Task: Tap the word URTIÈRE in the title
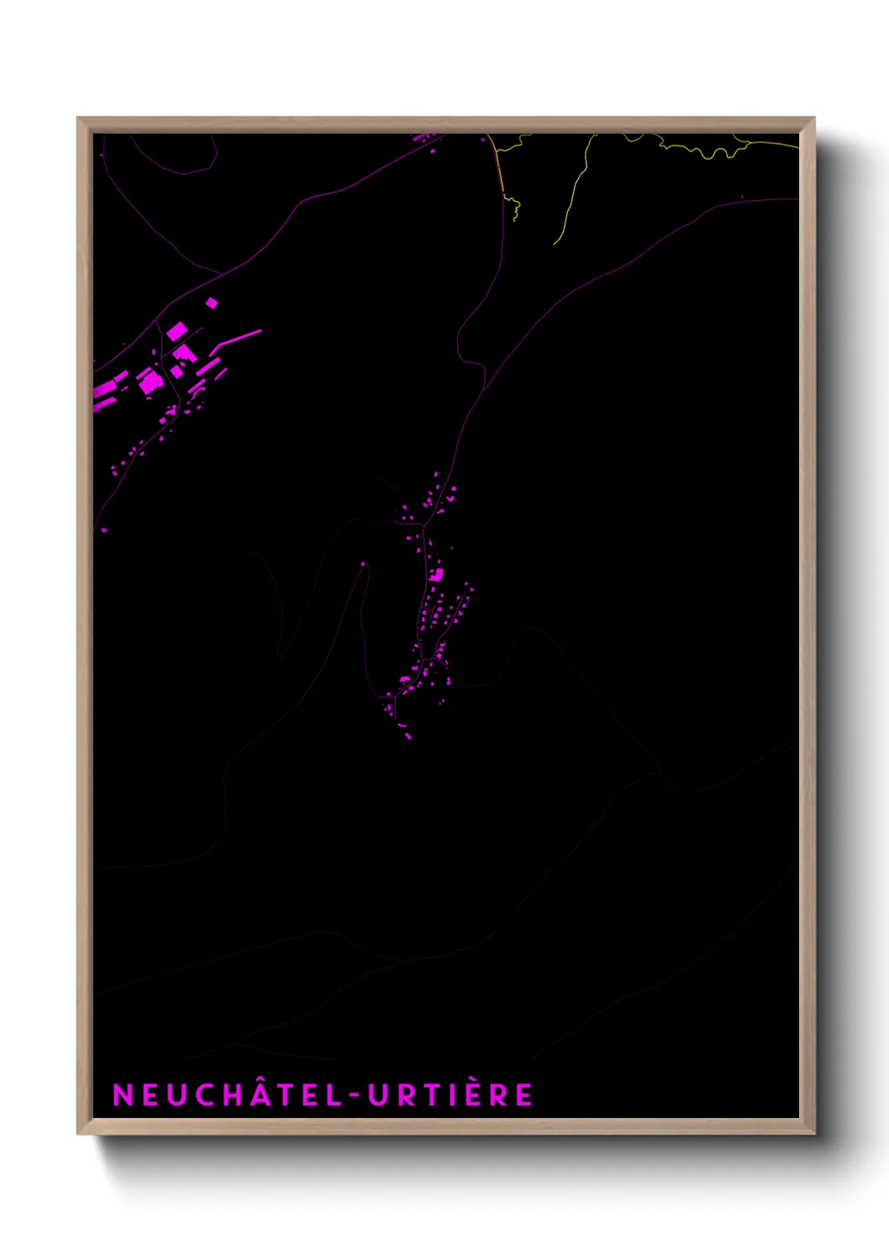[x=450, y=1094]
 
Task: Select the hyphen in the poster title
[x=355, y=1095]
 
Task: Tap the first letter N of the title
[x=123, y=1094]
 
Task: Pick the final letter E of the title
[x=523, y=1094]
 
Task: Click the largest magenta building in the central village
[x=436, y=575]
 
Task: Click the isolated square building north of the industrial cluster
[x=212, y=303]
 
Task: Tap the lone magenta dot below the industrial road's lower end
[x=104, y=530]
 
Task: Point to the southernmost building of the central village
[x=408, y=736]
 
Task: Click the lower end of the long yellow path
[x=555, y=244]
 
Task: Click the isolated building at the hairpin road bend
[x=363, y=564]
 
